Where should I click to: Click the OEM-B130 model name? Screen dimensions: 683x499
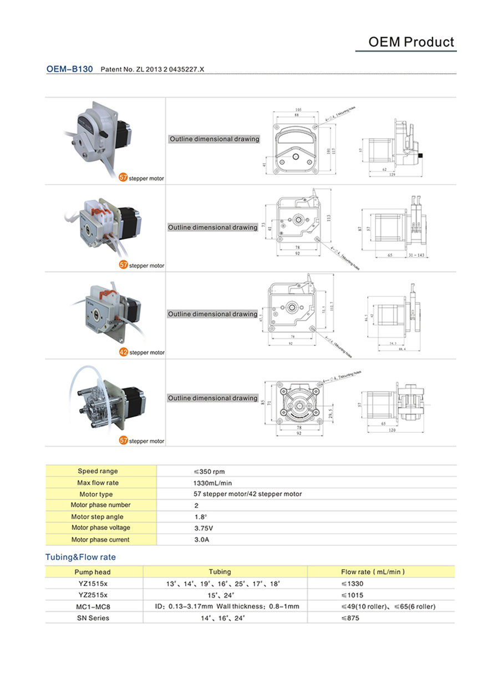click(69, 69)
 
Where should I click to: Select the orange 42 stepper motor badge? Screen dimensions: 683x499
click(124, 352)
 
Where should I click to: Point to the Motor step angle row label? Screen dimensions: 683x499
click(98, 517)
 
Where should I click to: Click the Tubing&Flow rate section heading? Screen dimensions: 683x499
click(80, 557)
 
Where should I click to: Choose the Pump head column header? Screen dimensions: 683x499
click(93, 572)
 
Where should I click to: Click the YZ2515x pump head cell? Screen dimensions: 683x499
click(93, 595)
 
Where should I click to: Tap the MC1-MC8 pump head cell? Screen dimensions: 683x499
click(93, 606)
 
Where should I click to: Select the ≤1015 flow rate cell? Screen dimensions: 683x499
click(352, 595)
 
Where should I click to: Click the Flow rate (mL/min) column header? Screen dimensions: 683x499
click(373, 571)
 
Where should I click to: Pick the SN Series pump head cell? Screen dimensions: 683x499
click(93, 618)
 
